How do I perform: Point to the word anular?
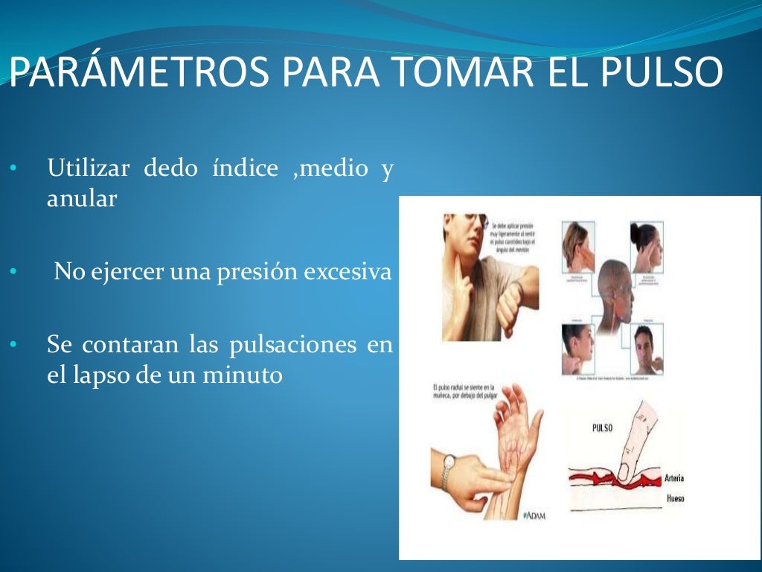(82, 199)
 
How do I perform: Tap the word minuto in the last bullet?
(243, 375)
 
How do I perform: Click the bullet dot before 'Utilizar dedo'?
(13, 169)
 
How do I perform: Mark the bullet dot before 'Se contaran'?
(13, 346)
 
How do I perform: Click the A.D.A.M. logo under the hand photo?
(534, 515)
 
